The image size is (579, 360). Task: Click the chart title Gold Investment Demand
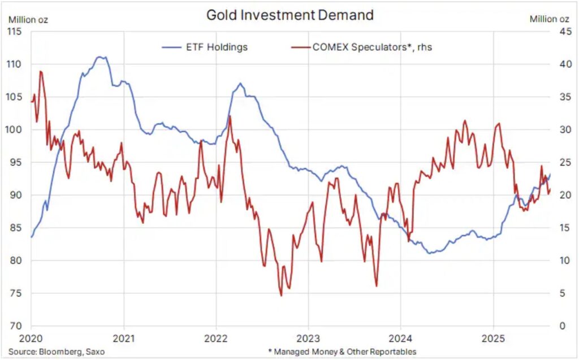(289, 15)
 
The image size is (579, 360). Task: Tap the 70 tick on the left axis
(16, 326)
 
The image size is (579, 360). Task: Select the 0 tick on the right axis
(562, 326)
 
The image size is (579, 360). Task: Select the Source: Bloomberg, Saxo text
(56, 352)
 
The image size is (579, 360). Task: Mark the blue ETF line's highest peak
(100, 57)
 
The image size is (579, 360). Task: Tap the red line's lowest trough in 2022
(281, 295)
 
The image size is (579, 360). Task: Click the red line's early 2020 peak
(41, 71)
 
